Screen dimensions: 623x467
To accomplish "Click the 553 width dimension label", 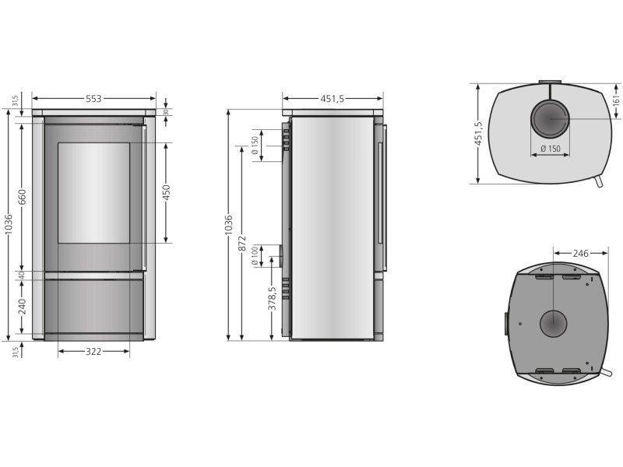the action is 93,99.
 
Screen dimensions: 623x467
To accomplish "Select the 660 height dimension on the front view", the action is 23,197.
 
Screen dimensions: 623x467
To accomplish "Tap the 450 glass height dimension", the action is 167,192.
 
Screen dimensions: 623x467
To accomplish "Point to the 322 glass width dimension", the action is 93,352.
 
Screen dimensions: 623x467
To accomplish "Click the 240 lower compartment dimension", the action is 23,307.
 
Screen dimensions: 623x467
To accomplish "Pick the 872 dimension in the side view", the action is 242,244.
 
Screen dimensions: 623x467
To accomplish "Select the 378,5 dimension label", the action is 272,299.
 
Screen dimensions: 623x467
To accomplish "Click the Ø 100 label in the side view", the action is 255,257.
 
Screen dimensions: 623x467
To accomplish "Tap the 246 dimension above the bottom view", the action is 580,253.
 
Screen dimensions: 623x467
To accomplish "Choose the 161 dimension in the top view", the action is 617,101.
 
